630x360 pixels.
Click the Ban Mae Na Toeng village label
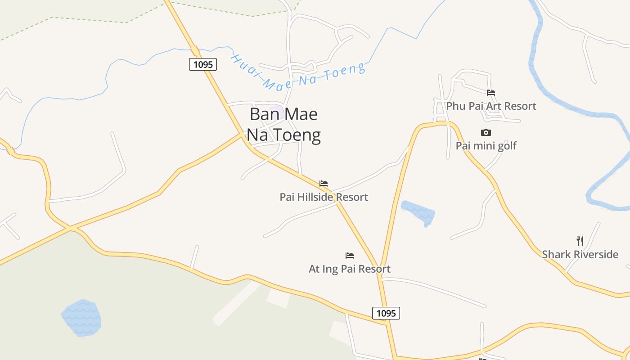point(284,124)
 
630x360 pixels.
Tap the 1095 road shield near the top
point(203,64)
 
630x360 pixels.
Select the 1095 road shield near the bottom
point(386,313)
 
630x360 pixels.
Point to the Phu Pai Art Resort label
point(491,106)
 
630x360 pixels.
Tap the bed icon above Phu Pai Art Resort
point(491,93)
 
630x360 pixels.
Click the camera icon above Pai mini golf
point(486,132)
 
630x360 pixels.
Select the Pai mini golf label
point(486,146)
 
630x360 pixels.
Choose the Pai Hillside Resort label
point(324,197)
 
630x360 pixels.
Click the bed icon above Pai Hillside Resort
point(324,184)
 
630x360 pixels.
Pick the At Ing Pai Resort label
point(350,269)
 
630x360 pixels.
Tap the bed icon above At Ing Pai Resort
point(350,256)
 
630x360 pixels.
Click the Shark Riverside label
point(580,254)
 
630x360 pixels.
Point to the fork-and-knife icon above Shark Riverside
point(580,241)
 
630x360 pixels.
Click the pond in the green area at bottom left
point(81,318)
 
